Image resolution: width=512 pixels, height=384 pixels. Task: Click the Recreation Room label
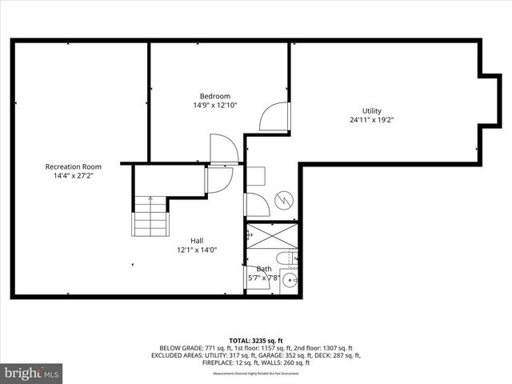(x=74, y=166)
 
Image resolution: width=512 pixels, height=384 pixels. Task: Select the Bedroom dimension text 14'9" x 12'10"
(x=214, y=105)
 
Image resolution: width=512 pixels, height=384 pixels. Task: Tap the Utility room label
(x=371, y=110)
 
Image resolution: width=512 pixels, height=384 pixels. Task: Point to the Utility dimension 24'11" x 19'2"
(x=371, y=120)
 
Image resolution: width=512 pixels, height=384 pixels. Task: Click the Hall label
(x=196, y=240)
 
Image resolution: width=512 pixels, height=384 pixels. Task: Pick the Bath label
(x=264, y=269)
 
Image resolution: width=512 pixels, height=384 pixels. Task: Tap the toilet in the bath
(x=290, y=258)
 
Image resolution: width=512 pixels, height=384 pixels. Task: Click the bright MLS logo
(x=32, y=374)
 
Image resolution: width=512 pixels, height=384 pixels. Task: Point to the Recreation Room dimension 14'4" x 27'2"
(x=74, y=176)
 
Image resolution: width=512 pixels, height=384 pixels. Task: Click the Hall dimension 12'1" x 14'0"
(x=196, y=250)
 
